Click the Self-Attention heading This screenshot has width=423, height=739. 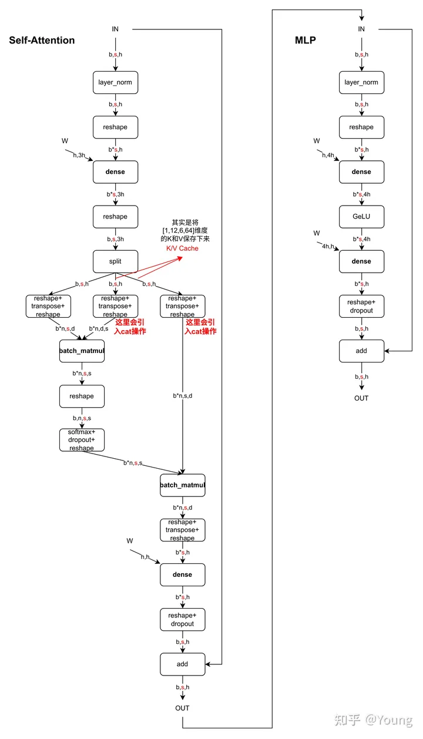click(x=42, y=41)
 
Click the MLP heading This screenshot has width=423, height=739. click(x=305, y=41)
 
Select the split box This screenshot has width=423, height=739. click(x=115, y=261)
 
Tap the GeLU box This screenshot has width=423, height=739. click(x=361, y=217)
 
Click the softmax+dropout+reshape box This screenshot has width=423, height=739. click(x=82, y=440)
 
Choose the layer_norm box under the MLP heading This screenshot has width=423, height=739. click(x=361, y=82)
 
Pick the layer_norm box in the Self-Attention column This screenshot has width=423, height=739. click(x=115, y=82)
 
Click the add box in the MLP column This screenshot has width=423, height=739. click(x=361, y=351)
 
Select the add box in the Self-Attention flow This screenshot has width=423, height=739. click(x=182, y=664)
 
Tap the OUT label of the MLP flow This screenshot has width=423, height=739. click(x=361, y=398)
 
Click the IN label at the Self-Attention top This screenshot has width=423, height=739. click(x=115, y=29)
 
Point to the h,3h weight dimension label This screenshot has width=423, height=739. click(x=79, y=155)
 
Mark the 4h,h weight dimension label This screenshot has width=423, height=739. click(x=325, y=246)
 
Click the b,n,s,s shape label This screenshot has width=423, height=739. click(x=82, y=418)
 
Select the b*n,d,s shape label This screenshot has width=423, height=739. click(x=99, y=328)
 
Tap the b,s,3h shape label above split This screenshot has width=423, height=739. click(x=115, y=239)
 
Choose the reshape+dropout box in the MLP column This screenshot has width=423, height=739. click(x=361, y=306)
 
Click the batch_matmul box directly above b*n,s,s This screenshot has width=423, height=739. click(x=82, y=351)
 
